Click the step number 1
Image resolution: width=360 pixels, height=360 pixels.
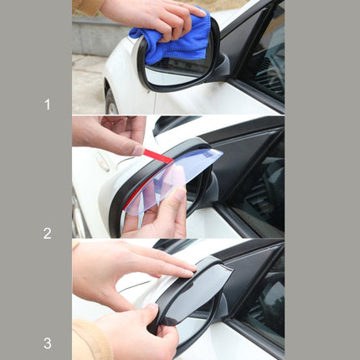[47, 105]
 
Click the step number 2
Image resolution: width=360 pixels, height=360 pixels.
[47, 234]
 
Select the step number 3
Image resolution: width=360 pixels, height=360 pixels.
[47, 342]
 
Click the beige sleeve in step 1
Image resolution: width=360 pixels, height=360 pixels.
[87, 6]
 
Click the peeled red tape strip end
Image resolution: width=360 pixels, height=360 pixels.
[159, 157]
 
